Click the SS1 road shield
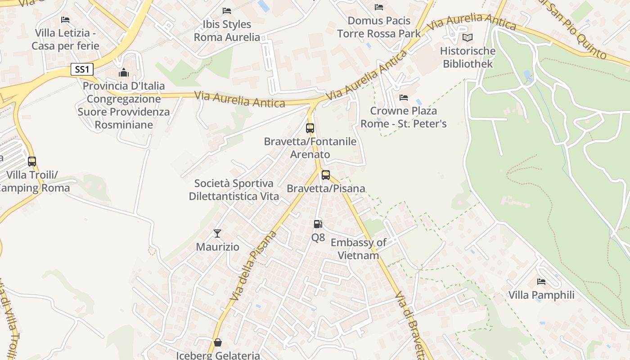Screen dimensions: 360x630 pyautogui.click(x=82, y=69)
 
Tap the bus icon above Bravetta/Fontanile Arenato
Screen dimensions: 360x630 pyautogui.click(x=310, y=128)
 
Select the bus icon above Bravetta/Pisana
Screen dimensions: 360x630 pyautogui.click(x=325, y=175)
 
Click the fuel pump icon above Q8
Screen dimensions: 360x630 pyautogui.click(x=318, y=224)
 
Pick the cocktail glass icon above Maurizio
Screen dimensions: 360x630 pyautogui.click(x=217, y=233)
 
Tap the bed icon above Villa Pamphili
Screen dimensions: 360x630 pyautogui.click(x=541, y=282)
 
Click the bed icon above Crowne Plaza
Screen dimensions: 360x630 pyautogui.click(x=404, y=97)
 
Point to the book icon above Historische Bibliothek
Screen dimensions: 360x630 pyautogui.click(x=468, y=38)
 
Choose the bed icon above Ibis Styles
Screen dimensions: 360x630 pyautogui.click(x=227, y=10)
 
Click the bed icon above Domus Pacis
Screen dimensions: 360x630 pyautogui.click(x=379, y=7)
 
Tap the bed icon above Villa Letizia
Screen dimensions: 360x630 pyautogui.click(x=65, y=19)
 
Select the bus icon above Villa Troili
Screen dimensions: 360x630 pyautogui.click(x=32, y=161)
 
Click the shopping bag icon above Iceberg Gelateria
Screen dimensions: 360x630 pyautogui.click(x=218, y=343)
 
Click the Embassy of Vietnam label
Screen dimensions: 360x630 pyautogui.click(x=358, y=249)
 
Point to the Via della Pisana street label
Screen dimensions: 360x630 pyautogui.click(x=253, y=266)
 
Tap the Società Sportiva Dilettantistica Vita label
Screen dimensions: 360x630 pyautogui.click(x=234, y=190)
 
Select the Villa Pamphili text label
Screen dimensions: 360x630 pyautogui.click(x=541, y=295)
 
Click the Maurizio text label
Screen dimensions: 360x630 pyautogui.click(x=218, y=247)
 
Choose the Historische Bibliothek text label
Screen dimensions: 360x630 pyautogui.click(x=468, y=57)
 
